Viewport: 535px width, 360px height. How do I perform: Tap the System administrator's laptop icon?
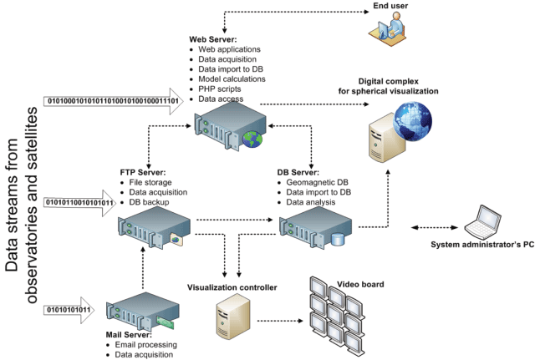point(482,222)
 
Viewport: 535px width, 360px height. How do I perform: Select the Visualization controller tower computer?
point(233,316)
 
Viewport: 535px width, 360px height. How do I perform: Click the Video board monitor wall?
point(337,316)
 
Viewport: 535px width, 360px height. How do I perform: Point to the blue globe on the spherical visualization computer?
point(412,121)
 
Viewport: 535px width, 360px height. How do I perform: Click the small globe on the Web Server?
point(252,139)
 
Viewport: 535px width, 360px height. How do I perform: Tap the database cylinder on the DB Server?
point(338,239)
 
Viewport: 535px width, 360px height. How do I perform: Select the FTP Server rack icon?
point(154,227)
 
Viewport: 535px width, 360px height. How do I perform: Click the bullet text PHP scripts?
point(219,89)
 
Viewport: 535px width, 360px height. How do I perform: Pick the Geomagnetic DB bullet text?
point(317,182)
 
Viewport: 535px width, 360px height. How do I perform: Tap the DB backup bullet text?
point(149,202)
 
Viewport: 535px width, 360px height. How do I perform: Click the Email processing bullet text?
point(145,345)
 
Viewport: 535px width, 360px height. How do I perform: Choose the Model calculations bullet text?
point(232,79)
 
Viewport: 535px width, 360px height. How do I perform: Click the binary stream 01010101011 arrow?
point(69,310)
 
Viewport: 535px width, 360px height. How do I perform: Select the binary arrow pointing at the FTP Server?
point(80,203)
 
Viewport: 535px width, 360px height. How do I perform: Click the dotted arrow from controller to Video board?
point(280,321)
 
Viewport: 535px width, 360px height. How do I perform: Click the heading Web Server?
point(213,39)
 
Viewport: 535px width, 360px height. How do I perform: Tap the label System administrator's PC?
point(482,245)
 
